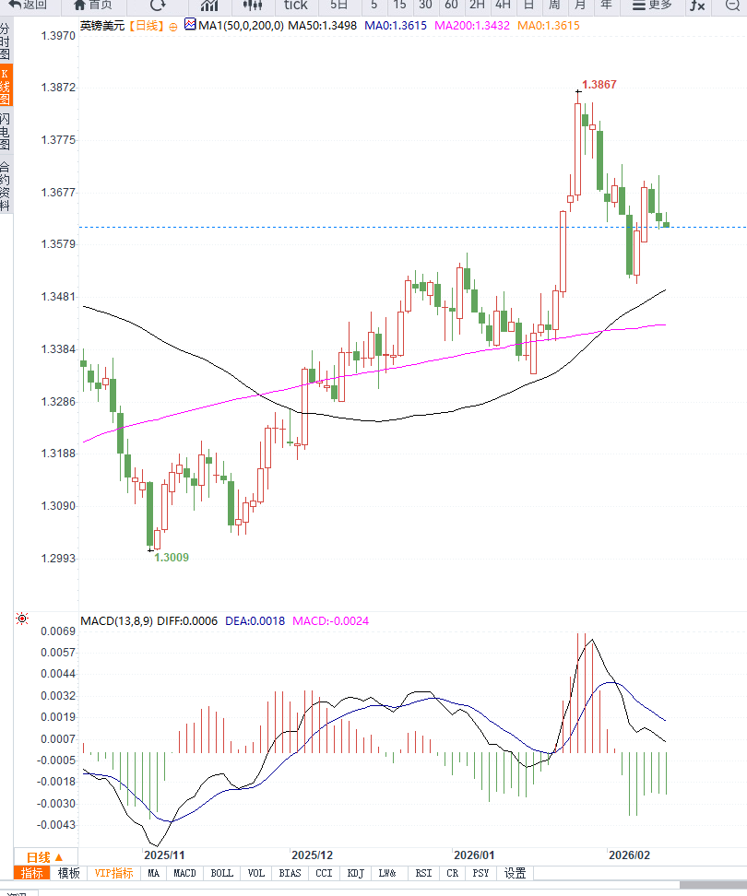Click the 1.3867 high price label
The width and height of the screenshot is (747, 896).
coord(599,85)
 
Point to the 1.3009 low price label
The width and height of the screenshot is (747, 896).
coord(172,558)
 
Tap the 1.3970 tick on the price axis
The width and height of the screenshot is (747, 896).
coord(58,36)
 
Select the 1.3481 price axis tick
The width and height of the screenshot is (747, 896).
coord(58,297)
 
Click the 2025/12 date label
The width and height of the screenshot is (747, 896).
coord(312,855)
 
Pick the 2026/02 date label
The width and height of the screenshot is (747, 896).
coord(629,855)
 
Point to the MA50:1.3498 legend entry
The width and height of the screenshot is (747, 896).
coord(322,26)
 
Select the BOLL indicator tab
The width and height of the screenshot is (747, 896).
coord(222,873)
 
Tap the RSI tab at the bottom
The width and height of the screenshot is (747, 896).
coord(423,873)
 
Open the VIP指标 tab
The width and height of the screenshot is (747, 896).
coord(114,873)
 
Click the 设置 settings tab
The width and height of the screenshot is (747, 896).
coord(515,873)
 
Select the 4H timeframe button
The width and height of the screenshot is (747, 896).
coord(503,5)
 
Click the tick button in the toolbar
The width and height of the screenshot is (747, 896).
coord(295,5)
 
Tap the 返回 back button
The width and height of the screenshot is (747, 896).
coord(28,5)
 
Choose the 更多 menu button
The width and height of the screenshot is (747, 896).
coord(652,5)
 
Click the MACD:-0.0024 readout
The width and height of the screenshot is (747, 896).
coord(330,621)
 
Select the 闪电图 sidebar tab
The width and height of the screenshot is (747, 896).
coord(6,133)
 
